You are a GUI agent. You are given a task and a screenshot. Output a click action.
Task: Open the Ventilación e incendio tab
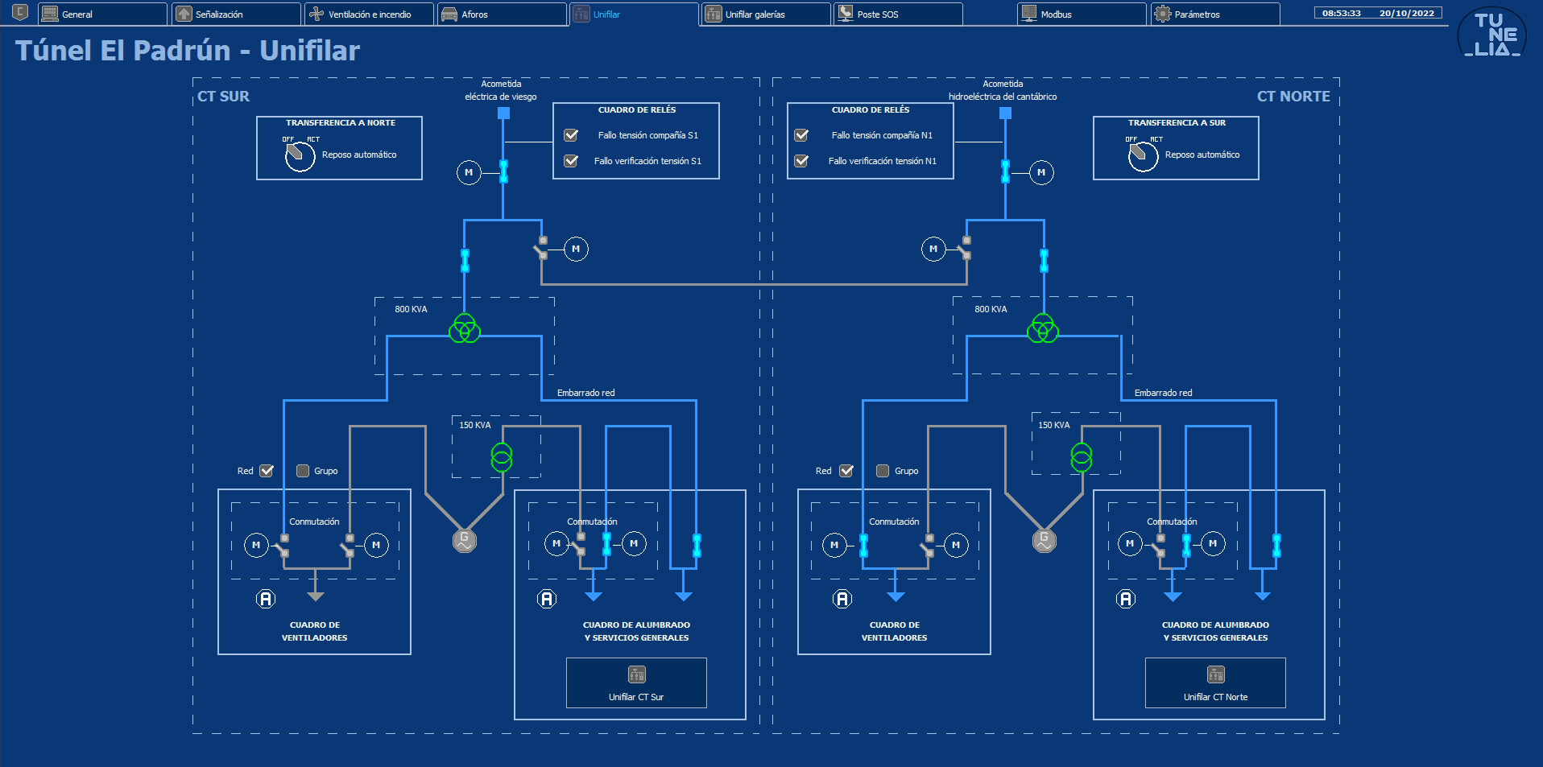coord(370,14)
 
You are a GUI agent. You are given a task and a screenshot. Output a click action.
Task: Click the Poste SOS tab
coord(898,14)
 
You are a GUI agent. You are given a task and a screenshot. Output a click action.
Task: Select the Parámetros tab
coord(1215,14)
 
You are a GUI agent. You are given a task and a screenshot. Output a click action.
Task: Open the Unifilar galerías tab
coord(766,14)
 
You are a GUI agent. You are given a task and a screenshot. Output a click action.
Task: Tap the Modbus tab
coord(1082,14)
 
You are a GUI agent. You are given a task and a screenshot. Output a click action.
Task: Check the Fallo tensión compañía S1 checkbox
coord(571,135)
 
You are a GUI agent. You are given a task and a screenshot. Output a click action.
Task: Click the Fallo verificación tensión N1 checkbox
coord(801,161)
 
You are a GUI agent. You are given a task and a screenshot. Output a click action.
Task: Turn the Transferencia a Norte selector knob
coord(300,155)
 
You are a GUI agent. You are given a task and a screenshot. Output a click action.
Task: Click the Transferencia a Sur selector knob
coord(1143,155)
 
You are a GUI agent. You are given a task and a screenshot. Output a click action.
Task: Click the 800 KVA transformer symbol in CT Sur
coord(465,328)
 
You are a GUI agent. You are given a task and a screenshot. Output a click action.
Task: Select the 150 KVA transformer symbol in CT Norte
coord(1082,457)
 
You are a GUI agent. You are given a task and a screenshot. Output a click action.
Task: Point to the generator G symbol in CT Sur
coord(465,540)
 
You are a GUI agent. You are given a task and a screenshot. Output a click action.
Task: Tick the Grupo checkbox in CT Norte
coord(883,471)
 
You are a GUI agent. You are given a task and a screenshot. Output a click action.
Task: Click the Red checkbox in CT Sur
coord(267,471)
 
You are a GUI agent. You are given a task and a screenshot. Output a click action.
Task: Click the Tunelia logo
coord(1492,34)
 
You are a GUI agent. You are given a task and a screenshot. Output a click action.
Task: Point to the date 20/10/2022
coord(1406,13)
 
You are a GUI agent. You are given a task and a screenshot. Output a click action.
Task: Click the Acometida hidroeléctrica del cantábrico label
coord(1003,90)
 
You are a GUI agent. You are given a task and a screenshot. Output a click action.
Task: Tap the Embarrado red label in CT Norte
coord(1163,393)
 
